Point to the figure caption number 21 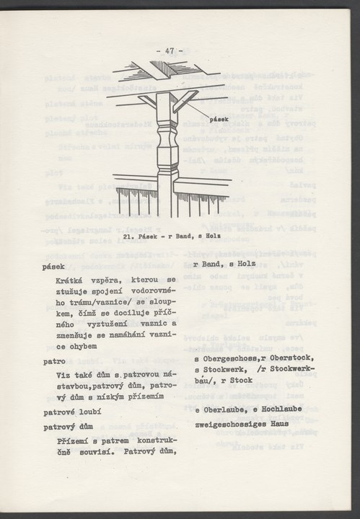pyautogui.click(x=128, y=234)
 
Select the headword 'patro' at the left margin pyautogui.click(x=53, y=360)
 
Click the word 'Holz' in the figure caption pyautogui.click(x=214, y=234)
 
